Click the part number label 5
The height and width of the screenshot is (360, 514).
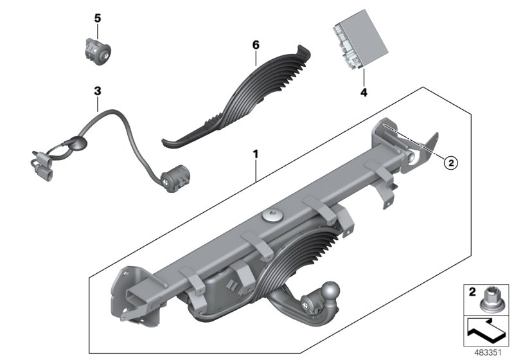click(98, 19)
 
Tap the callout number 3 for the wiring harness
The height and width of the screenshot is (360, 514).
click(98, 91)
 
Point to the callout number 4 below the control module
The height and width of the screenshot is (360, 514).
click(363, 92)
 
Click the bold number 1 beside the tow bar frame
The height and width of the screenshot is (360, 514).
click(255, 154)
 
